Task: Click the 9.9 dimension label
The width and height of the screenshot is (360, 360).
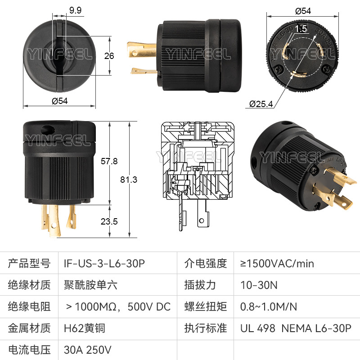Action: (x=75, y=10)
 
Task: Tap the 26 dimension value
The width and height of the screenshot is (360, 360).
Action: (x=109, y=56)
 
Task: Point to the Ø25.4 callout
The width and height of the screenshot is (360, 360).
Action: (x=261, y=104)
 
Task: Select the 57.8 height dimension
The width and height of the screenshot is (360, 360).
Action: (x=109, y=161)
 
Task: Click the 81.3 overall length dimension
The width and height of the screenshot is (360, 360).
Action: (x=129, y=180)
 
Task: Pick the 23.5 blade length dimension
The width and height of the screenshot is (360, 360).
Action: (x=109, y=221)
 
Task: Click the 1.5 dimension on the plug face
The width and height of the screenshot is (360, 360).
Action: (x=301, y=29)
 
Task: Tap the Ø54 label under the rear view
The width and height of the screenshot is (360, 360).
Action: (x=60, y=101)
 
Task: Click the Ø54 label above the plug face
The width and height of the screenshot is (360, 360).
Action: (x=303, y=11)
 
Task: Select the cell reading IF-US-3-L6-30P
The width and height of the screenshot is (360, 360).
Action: (x=104, y=264)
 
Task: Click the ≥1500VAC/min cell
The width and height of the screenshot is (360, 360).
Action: (x=277, y=264)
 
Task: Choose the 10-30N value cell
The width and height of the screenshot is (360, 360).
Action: (x=259, y=285)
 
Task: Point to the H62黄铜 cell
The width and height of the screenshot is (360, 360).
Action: (x=85, y=328)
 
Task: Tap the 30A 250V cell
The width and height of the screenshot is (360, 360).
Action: (x=87, y=350)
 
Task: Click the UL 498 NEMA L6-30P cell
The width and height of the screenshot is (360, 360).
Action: (x=296, y=328)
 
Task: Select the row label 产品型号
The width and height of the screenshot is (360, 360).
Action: (x=29, y=264)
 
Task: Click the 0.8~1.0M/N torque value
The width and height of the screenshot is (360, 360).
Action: (x=268, y=307)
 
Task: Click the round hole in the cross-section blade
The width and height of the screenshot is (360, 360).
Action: (x=202, y=221)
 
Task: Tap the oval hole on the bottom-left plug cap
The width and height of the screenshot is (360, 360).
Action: (x=48, y=130)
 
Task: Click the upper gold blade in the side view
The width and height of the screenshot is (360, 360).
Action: (x=142, y=49)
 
